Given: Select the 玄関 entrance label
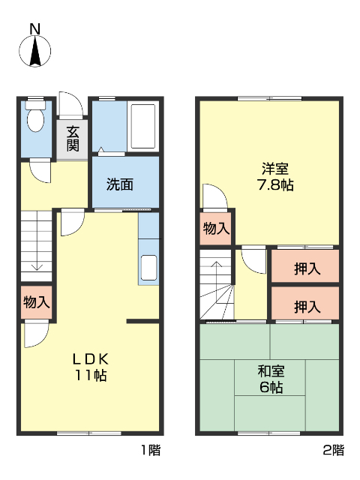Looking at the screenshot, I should pyautogui.click(x=72, y=138).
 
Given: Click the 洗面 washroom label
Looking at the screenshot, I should pyautogui.click(x=119, y=184).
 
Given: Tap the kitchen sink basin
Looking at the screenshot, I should pyautogui.click(x=148, y=268).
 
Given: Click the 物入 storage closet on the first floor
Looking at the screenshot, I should pyautogui.click(x=36, y=303).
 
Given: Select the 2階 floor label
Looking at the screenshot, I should pyautogui.click(x=333, y=451).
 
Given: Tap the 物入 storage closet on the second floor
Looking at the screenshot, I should pyautogui.click(x=216, y=229).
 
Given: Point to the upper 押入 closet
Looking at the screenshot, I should pyautogui.click(x=305, y=268).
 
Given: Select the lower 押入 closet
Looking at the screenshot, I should pyautogui.click(x=305, y=305).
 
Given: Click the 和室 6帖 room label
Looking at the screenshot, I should pyautogui.click(x=270, y=379).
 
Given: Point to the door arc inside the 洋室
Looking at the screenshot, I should pyautogui.click(x=214, y=196).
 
